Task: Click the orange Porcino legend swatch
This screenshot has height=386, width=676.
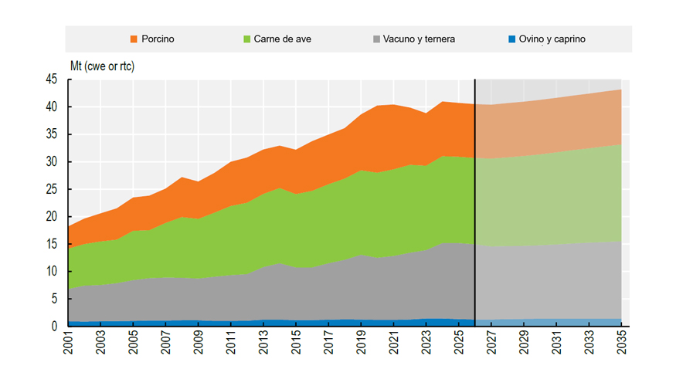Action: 134,39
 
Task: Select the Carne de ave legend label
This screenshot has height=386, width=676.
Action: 283,39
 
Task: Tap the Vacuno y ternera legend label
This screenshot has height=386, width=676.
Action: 419,39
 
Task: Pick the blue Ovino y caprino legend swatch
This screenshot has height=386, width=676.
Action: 512,39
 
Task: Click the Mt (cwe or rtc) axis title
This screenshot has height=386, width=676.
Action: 102,66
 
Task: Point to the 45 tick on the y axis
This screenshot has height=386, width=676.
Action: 51,80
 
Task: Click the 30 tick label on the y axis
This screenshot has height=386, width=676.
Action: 51,161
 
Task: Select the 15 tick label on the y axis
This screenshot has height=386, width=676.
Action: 51,244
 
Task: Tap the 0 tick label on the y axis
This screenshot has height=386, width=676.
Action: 54,326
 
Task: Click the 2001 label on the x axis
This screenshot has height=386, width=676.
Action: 68,343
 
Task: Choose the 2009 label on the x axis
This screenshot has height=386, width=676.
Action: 199,343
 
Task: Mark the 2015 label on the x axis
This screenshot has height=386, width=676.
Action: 296,343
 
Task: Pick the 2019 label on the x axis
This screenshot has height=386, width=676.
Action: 361,343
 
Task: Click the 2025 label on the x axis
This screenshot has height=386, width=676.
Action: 459,343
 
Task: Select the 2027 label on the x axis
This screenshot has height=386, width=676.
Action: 491,343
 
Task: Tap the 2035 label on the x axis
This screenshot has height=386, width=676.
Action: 621,343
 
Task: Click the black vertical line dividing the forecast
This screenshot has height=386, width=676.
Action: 475,203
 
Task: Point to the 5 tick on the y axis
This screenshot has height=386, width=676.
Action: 54,299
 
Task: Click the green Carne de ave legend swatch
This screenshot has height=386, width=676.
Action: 247,39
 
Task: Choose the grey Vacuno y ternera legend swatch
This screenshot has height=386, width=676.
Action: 376,39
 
